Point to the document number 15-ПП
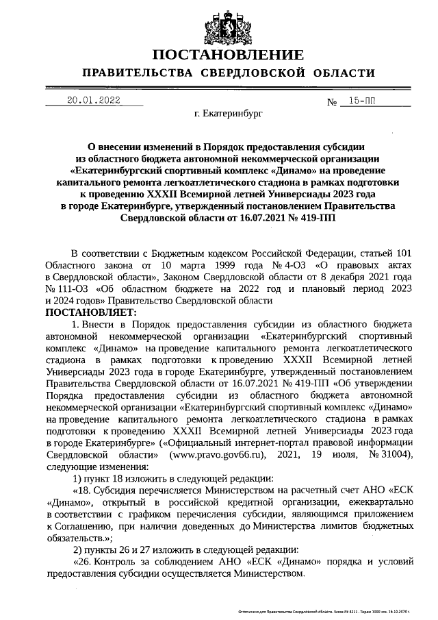[362, 101]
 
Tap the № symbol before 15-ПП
[333, 103]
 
